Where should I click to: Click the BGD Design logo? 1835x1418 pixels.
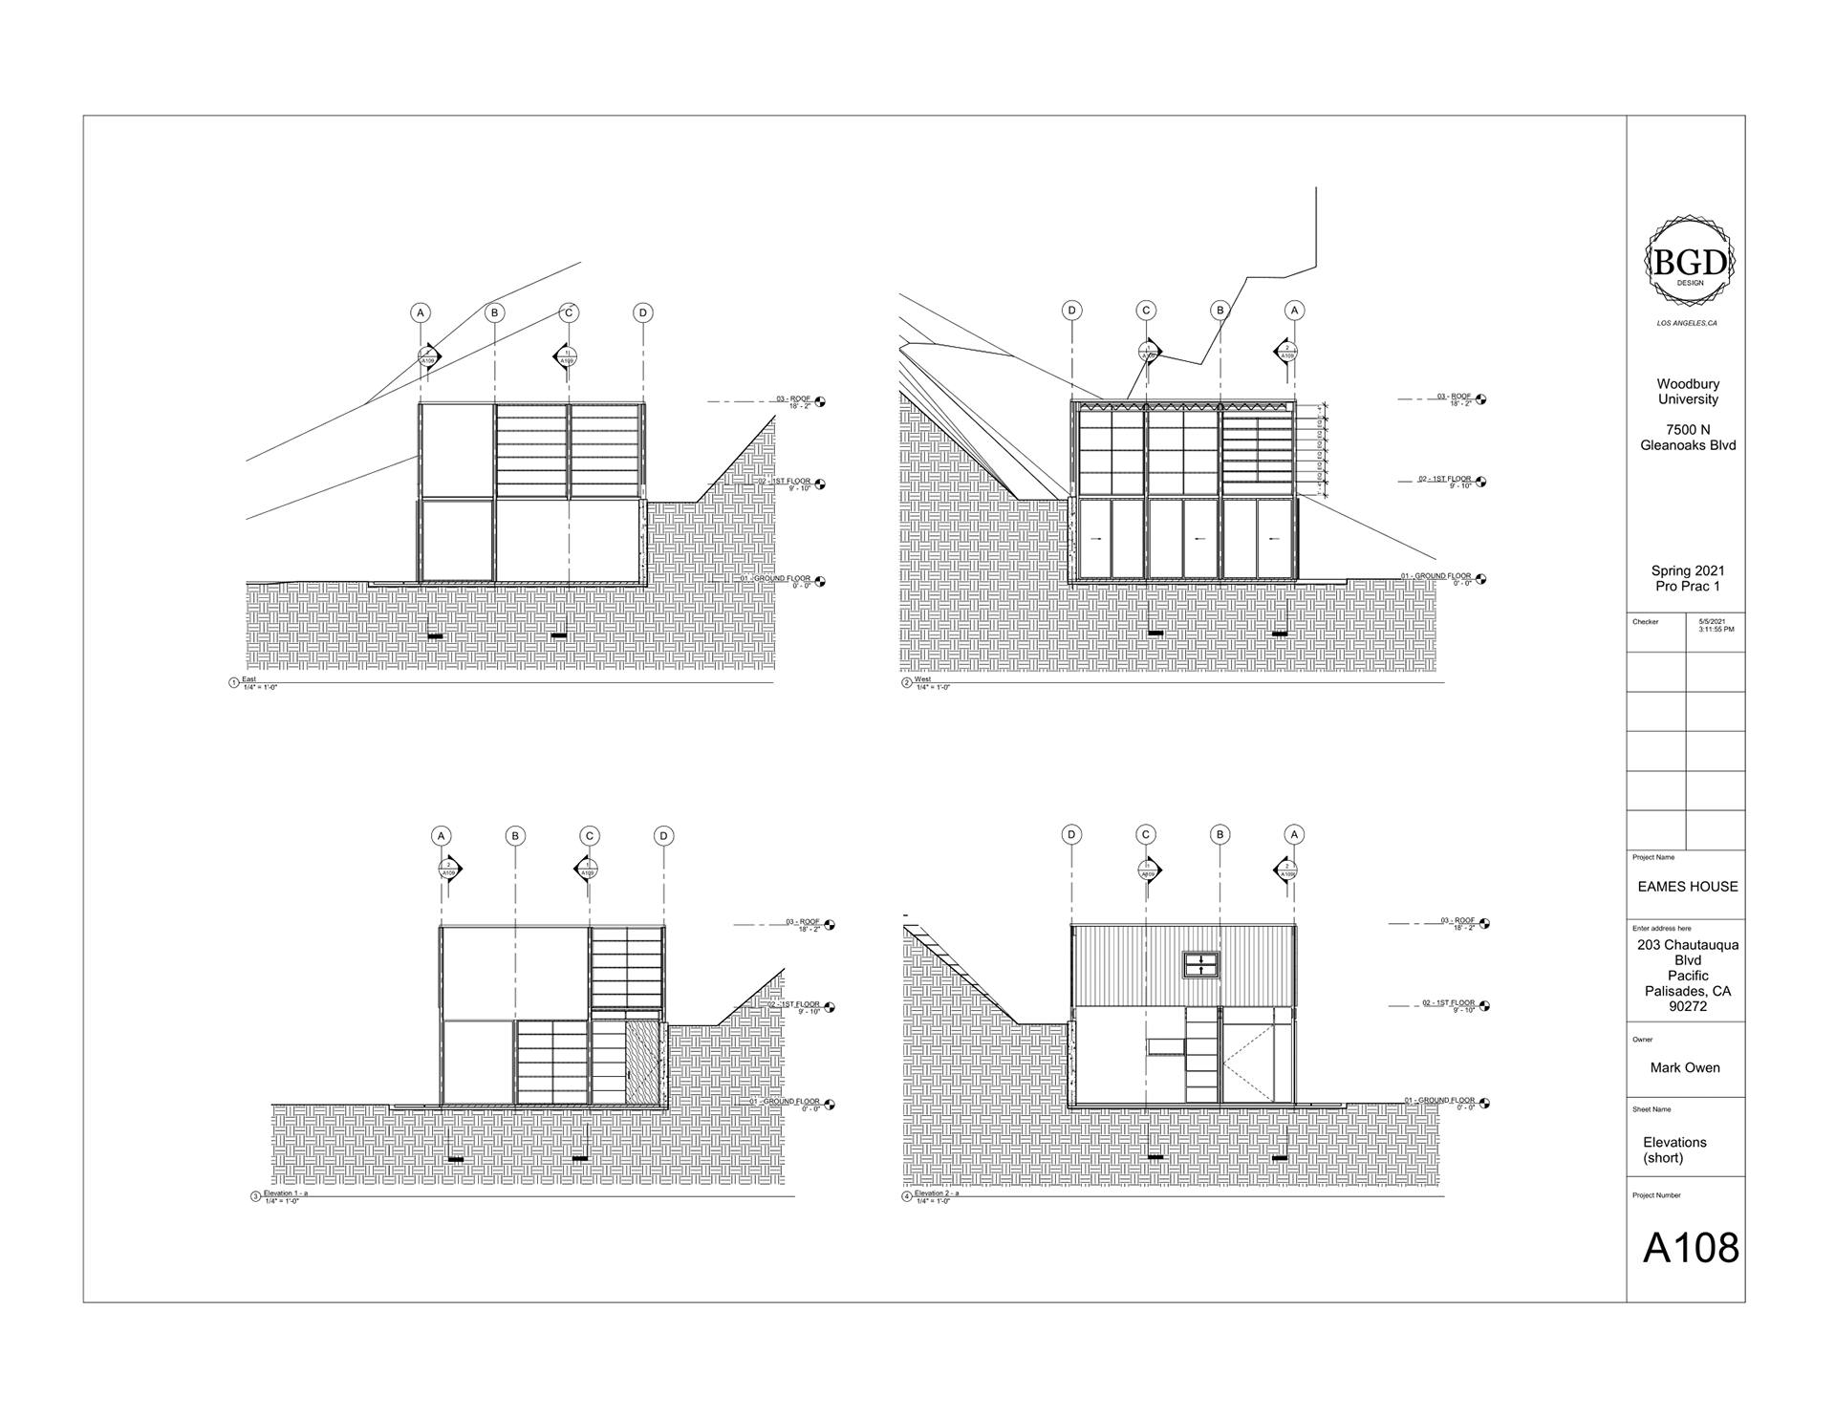1690,262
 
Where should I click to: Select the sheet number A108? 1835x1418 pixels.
1690,1248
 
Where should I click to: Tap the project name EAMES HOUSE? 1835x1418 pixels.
1688,887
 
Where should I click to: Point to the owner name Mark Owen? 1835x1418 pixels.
1684,1067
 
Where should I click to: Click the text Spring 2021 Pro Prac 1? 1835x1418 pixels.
1688,578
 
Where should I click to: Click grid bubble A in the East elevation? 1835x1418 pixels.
420,312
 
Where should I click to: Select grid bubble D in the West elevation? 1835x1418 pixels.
1072,311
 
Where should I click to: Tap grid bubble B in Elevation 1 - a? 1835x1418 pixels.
515,836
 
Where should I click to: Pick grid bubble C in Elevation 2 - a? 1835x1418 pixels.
1146,835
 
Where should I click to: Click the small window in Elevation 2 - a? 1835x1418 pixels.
1200,965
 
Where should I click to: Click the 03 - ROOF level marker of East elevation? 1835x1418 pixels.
797,401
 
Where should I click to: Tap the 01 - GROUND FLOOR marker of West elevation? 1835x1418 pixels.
1443,579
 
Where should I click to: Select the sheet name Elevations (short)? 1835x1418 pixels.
1674,1149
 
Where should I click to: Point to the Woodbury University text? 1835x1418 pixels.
1688,392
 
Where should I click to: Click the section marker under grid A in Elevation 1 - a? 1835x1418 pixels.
449,869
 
